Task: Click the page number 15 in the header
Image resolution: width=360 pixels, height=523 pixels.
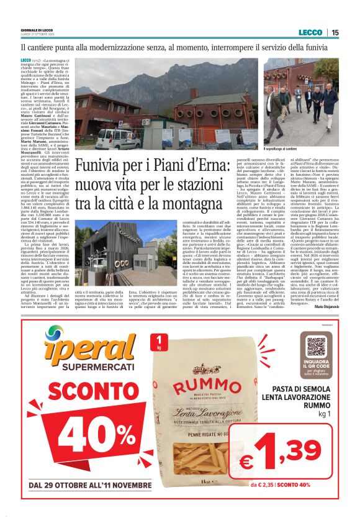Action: [335, 32]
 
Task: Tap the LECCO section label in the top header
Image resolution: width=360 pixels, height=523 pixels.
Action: [310, 32]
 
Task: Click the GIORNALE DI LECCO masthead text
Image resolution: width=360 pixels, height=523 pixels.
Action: [38, 30]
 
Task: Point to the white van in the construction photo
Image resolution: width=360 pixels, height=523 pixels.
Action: [117, 137]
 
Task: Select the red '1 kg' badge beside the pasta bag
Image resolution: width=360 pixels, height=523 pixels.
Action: [162, 342]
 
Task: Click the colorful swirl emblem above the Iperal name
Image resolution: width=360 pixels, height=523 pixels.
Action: [55, 336]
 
